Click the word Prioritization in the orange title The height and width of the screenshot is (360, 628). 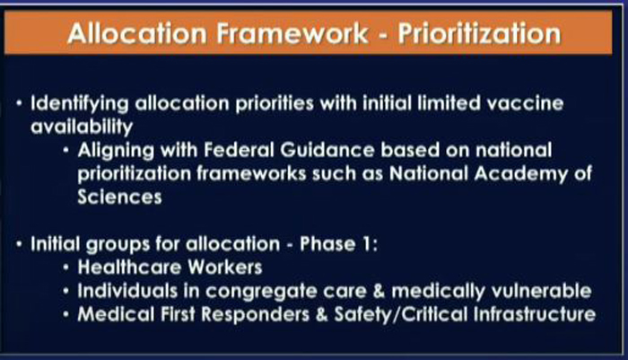pyautogui.click(x=479, y=33)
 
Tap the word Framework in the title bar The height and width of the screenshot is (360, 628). pyautogui.click(x=292, y=33)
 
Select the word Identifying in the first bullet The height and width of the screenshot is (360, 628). pyautogui.click(x=80, y=104)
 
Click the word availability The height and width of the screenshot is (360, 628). pyautogui.click(x=82, y=127)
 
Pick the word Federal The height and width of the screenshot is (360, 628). pyautogui.click(x=239, y=150)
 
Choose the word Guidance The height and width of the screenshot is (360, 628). pyautogui.click(x=327, y=150)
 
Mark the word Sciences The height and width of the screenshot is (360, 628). pyautogui.click(x=119, y=197)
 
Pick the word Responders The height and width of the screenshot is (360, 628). pyautogui.click(x=256, y=314)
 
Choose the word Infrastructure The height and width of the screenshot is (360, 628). pyautogui.click(x=535, y=314)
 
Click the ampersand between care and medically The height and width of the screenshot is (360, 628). pyautogui.click(x=379, y=291)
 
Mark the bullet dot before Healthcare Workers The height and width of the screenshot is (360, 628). pyautogui.click(x=66, y=268)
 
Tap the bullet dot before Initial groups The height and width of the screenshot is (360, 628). pyautogui.click(x=19, y=244)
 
